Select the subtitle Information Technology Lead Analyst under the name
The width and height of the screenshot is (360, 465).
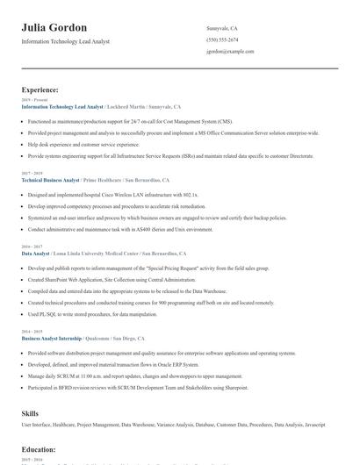[x=78, y=42]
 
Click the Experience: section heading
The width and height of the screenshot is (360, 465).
[x=40, y=89]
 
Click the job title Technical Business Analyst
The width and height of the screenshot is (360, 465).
[x=50, y=178]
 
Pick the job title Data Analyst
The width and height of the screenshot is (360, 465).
[x=36, y=253]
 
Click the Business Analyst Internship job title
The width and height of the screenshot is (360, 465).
[x=51, y=338]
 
